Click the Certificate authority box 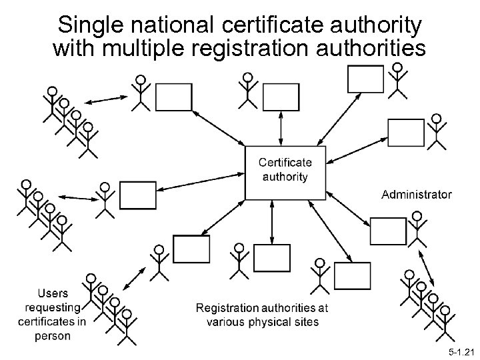285,171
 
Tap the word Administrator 416,195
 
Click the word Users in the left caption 53,293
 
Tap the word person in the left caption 53,335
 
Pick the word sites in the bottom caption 305,321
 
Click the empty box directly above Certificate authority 281,97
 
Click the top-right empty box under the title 365,79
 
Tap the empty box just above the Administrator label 406,132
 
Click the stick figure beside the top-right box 397,80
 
